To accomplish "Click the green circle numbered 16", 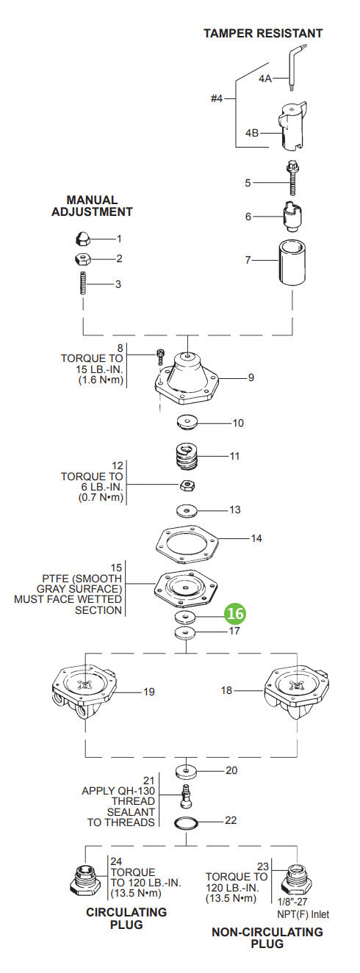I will pos(235,613).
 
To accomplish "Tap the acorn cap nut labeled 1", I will pos(82,239).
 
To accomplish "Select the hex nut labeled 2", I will pos(82,258).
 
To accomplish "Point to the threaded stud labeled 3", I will pos(82,283).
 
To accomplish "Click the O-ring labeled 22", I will pos(190,820).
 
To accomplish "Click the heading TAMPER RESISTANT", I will pos(262,33).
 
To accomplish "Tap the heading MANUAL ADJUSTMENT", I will pos(92,206).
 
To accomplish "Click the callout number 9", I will pos(251,377).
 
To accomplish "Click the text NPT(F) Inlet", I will pos(303,914).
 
